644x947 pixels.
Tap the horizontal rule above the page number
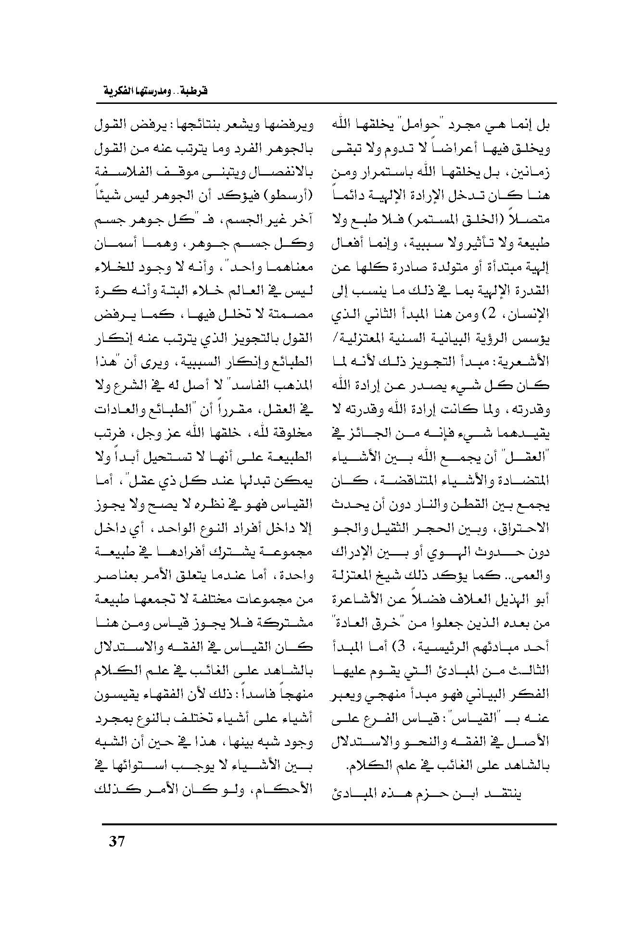pos(329,824)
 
